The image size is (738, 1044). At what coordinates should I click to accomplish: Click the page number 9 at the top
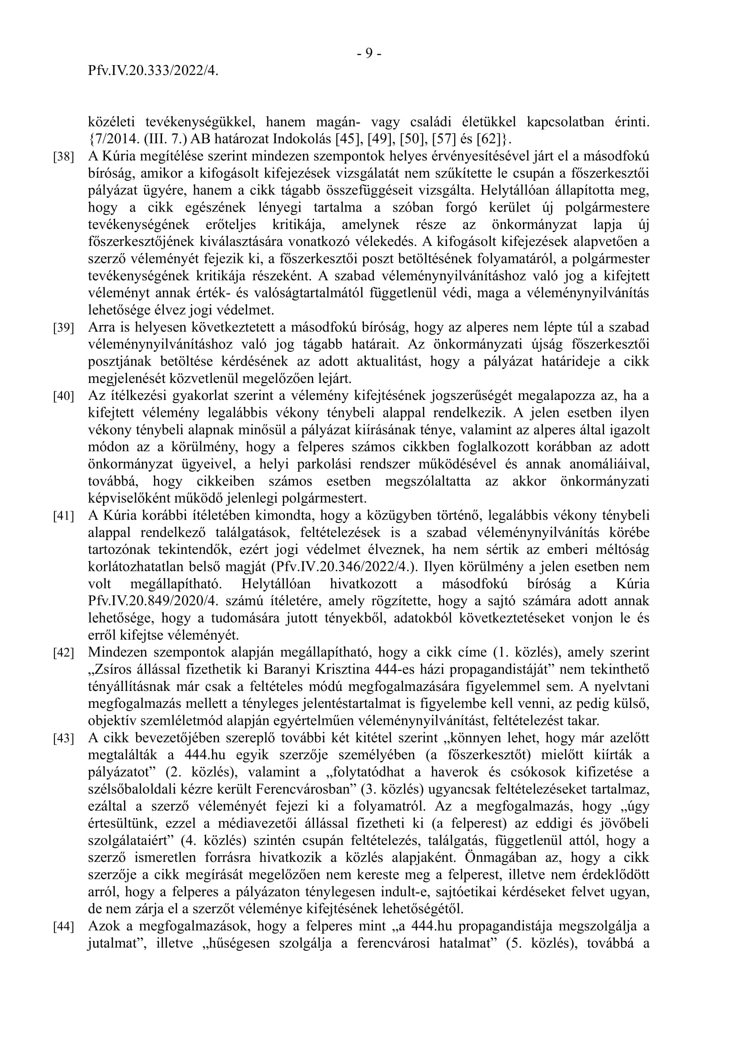coord(369,54)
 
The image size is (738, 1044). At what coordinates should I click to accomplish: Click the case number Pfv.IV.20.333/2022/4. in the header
coord(153,71)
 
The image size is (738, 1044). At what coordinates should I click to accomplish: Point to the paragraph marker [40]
coord(64,396)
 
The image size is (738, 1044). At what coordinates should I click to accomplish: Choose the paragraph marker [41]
coord(64,516)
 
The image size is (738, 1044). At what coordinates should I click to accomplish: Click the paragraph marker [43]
coord(64,738)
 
